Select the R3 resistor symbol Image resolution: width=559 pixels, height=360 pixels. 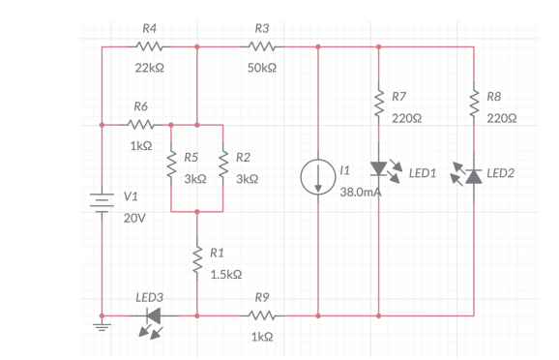pyautogui.click(x=262, y=45)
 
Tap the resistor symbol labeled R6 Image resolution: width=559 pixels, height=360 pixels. pyautogui.click(x=141, y=125)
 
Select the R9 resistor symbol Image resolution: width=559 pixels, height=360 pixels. pyautogui.click(x=261, y=315)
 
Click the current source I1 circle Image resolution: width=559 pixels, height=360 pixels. pyautogui.click(x=318, y=177)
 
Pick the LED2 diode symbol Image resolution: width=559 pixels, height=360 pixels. pyautogui.click(x=474, y=175)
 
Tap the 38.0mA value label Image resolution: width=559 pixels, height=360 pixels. pyautogui.click(x=361, y=193)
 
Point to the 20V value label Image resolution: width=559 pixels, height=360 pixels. pyautogui.click(x=135, y=218)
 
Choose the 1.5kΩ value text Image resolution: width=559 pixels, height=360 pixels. pyautogui.click(x=225, y=274)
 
